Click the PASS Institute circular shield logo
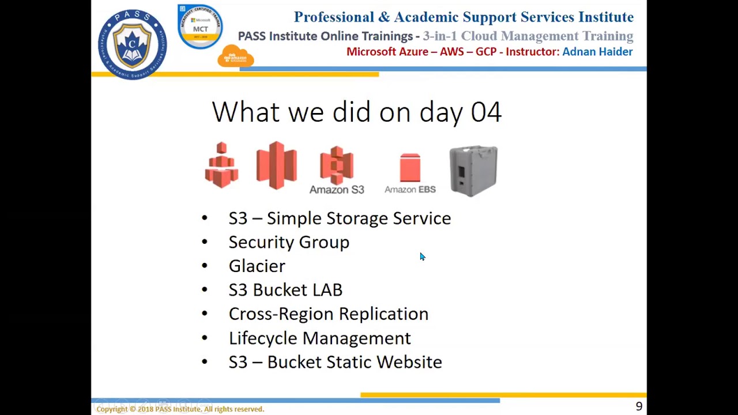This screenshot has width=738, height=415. [x=132, y=44]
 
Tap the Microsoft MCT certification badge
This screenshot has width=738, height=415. [x=200, y=27]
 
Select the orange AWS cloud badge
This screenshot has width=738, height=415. [x=235, y=56]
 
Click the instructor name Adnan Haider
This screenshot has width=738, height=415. [x=597, y=52]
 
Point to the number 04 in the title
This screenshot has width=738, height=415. [x=486, y=112]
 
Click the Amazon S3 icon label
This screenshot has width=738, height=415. [x=337, y=190]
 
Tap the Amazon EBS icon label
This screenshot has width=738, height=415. [x=410, y=190]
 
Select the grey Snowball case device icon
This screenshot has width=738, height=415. [x=473, y=171]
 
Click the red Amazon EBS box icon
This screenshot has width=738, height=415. [x=410, y=168]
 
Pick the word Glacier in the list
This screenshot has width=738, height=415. [x=257, y=266]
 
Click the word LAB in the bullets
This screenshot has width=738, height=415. [x=327, y=290]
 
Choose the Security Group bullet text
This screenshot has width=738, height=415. [x=289, y=242]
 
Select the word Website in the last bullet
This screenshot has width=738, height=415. [x=409, y=362]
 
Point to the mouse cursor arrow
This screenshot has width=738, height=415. [x=422, y=257]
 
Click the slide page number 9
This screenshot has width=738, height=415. [x=639, y=406]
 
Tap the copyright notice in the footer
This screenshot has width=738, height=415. [x=180, y=409]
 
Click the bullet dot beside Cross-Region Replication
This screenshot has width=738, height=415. [x=205, y=314]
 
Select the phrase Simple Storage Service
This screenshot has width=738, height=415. [x=359, y=218]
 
